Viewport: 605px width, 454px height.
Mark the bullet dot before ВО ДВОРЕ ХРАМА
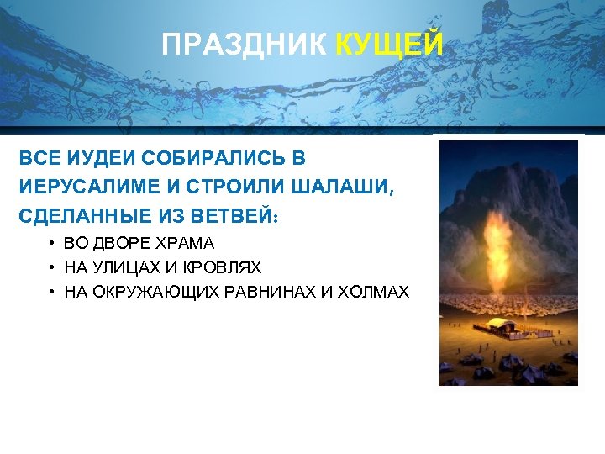click(52, 244)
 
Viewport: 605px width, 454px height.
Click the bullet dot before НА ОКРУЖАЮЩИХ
click(52, 293)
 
